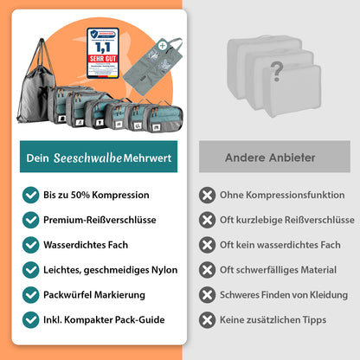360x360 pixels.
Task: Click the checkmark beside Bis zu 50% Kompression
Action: [31, 195]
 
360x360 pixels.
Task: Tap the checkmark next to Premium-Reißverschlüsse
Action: [31, 220]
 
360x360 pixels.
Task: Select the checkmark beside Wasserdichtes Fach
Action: [31, 245]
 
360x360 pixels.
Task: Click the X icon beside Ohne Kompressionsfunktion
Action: [207, 195]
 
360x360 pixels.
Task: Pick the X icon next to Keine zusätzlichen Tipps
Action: [207, 319]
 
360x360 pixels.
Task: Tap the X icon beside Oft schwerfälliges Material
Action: [207, 270]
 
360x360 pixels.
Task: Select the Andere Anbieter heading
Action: [270, 157]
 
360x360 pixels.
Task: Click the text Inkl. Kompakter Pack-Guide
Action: [104, 319]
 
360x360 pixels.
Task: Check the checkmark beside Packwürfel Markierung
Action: [31, 295]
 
